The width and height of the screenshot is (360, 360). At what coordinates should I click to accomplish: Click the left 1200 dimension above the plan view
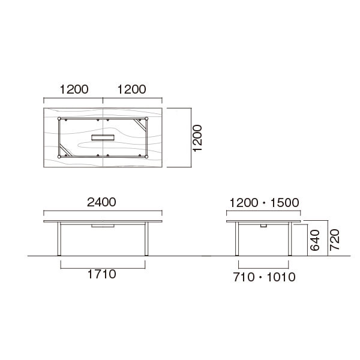pyautogui.click(x=74, y=89)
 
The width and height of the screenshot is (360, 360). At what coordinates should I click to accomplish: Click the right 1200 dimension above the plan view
pyautogui.click(x=131, y=89)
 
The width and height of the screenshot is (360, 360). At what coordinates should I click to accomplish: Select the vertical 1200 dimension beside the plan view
pyautogui.click(x=197, y=138)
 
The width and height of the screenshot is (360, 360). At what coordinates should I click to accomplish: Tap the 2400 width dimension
pyautogui.click(x=101, y=202)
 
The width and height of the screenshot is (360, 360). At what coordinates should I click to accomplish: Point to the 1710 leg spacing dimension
pyautogui.click(x=102, y=274)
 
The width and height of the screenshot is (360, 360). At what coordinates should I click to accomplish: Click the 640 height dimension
pyautogui.click(x=315, y=240)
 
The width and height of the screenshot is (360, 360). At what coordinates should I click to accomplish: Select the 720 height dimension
pyautogui.click(x=335, y=239)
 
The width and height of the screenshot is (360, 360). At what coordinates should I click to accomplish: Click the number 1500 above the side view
pyautogui.click(x=284, y=203)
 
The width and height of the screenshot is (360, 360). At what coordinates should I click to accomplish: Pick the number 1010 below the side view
pyautogui.click(x=281, y=277)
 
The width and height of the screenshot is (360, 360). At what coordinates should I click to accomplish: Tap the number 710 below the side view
pyautogui.click(x=244, y=277)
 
